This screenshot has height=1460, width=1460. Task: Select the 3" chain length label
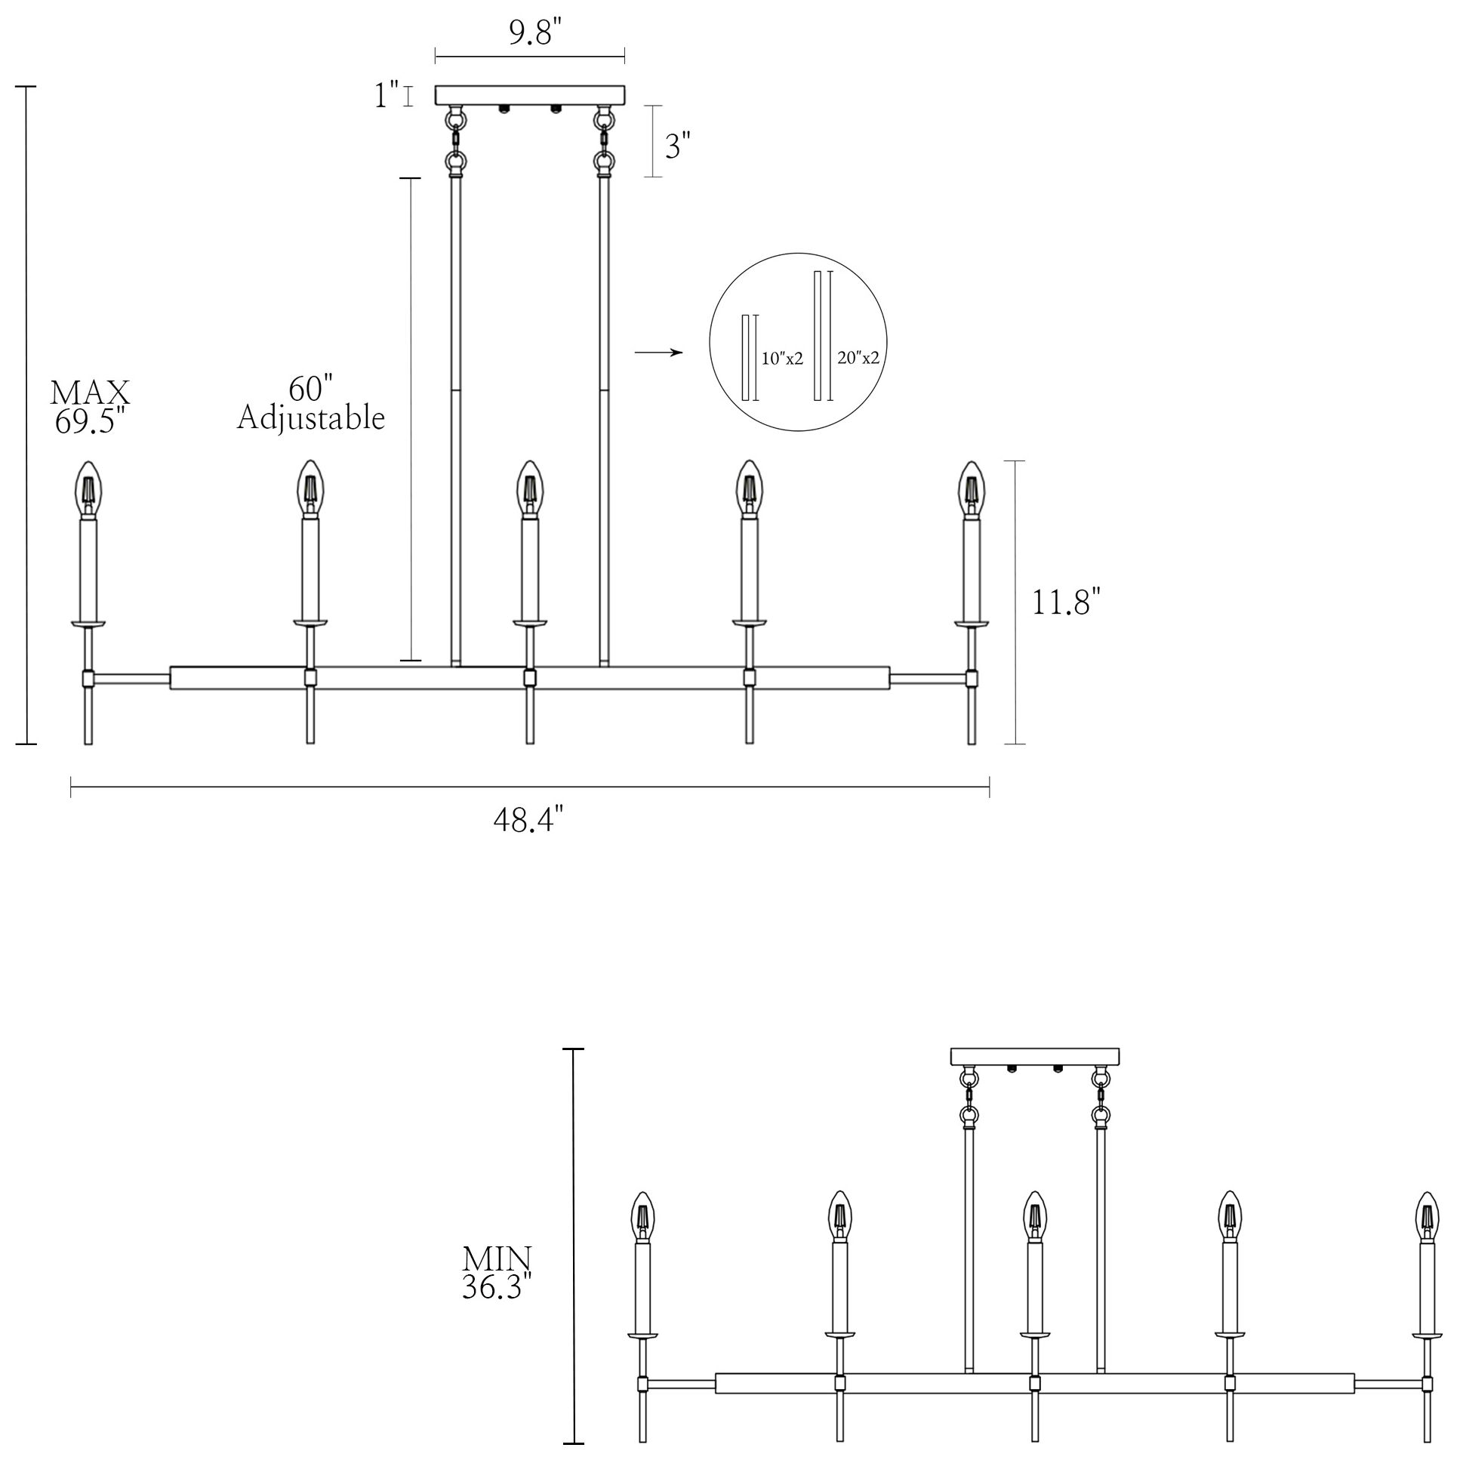(678, 145)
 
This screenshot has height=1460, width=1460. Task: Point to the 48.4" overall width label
(529, 819)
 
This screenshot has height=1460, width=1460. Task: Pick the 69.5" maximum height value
(89, 420)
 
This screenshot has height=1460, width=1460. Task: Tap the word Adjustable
(310, 418)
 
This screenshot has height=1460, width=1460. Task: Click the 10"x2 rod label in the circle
(781, 358)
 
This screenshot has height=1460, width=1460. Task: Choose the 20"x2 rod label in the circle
(858, 356)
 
